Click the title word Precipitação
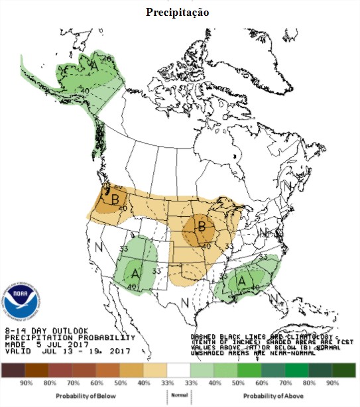point(180,13)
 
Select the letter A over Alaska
point(95,66)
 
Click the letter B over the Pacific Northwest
point(115,198)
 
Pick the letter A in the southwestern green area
point(135,272)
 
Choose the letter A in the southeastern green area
point(242,280)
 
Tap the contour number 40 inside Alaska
point(85,90)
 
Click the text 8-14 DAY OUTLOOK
point(46,329)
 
